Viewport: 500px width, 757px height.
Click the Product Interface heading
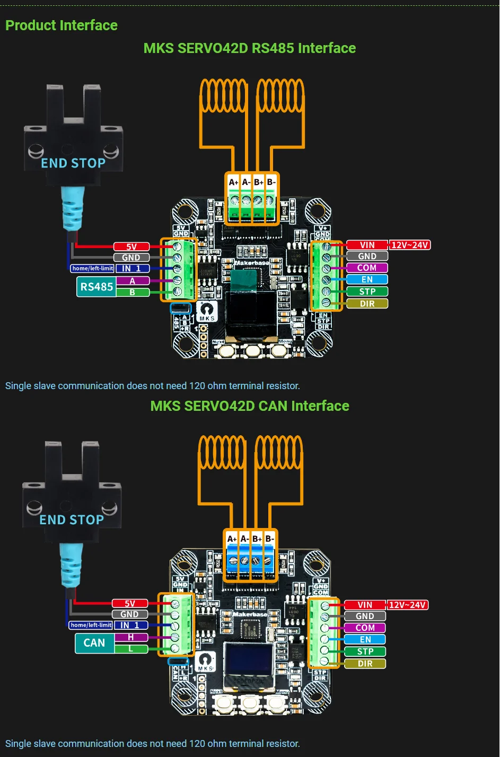point(62,25)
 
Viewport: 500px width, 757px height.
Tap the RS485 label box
point(96,287)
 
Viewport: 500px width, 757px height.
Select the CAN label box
point(94,643)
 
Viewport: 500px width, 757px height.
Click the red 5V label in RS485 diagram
point(131,247)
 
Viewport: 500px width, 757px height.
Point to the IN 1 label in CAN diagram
point(130,626)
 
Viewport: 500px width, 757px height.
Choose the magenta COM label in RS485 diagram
point(366,268)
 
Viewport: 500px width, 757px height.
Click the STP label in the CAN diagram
point(365,652)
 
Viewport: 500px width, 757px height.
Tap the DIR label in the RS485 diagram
point(367,304)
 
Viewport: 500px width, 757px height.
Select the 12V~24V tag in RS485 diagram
point(409,245)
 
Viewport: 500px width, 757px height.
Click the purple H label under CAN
point(130,637)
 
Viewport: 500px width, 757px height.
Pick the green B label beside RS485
point(132,292)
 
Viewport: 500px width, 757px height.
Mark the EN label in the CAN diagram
point(365,640)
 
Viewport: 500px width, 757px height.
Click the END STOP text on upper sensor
point(73,163)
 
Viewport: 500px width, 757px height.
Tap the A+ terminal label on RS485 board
point(233,182)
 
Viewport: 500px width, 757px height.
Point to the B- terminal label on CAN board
point(269,539)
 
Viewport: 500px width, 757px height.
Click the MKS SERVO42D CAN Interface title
point(250,406)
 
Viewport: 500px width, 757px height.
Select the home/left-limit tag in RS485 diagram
point(93,269)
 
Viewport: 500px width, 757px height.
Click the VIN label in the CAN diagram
point(365,605)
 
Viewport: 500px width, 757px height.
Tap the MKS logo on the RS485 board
point(206,311)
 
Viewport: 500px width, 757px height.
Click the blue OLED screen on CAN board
point(248,659)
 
